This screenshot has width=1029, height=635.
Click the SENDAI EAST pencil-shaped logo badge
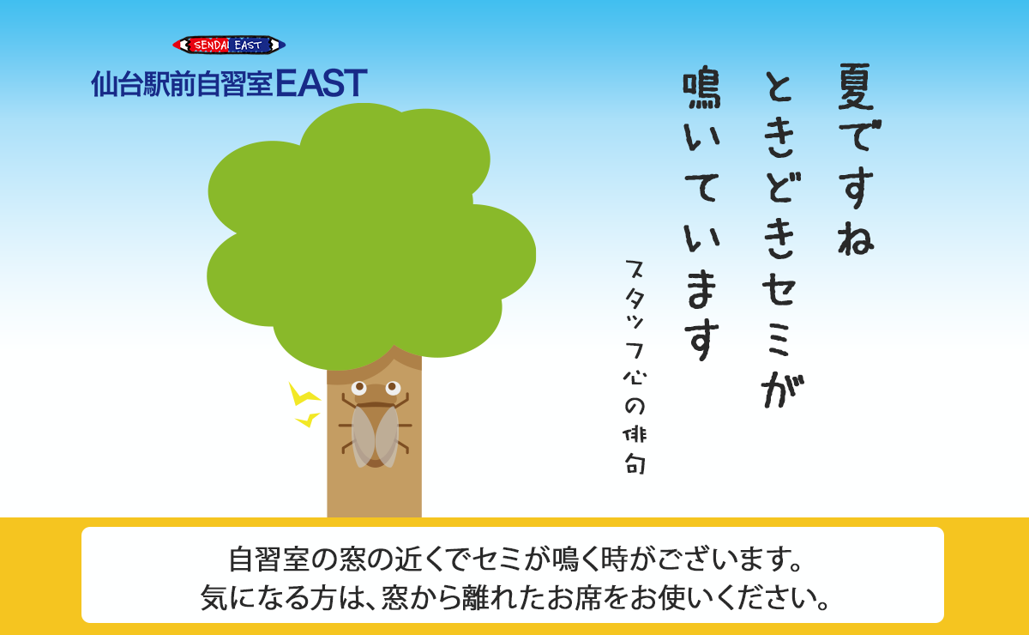(x=229, y=45)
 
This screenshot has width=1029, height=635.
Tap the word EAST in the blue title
(x=322, y=83)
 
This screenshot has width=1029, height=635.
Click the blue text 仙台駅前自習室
(x=182, y=84)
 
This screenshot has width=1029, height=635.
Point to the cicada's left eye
(x=359, y=388)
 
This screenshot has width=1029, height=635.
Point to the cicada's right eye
(x=393, y=388)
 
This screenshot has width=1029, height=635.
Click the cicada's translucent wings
(x=376, y=435)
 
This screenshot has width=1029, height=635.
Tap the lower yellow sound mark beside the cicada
(x=307, y=420)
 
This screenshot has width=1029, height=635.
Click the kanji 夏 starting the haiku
(x=856, y=85)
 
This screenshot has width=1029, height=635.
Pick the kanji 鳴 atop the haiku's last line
(x=702, y=89)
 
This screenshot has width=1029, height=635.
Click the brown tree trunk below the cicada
(x=374, y=493)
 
